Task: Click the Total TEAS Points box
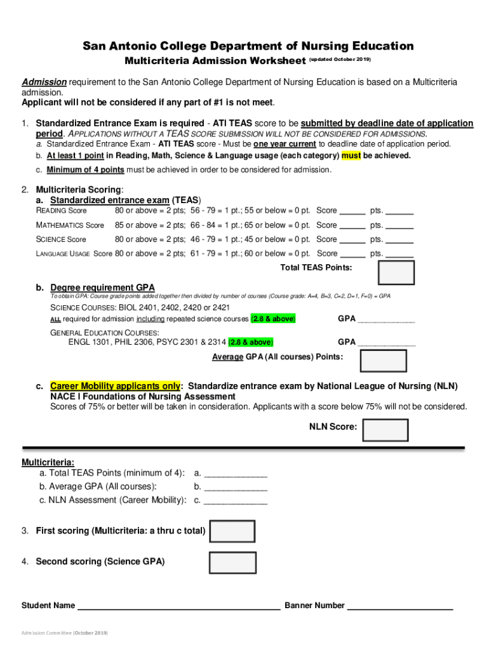(x=396, y=272)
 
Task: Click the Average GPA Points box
(x=383, y=361)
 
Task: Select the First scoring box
(x=232, y=531)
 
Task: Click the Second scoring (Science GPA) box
(x=232, y=562)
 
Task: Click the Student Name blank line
(x=178, y=606)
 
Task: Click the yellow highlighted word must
(x=351, y=156)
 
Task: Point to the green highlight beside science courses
(x=273, y=319)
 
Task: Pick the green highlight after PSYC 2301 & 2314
(x=251, y=342)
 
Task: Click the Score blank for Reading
(x=352, y=211)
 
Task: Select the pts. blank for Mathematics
(x=399, y=225)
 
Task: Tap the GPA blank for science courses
(x=386, y=319)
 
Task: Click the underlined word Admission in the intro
(x=44, y=83)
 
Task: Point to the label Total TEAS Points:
(x=316, y=267)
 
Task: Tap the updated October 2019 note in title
(x=340, y=60)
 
